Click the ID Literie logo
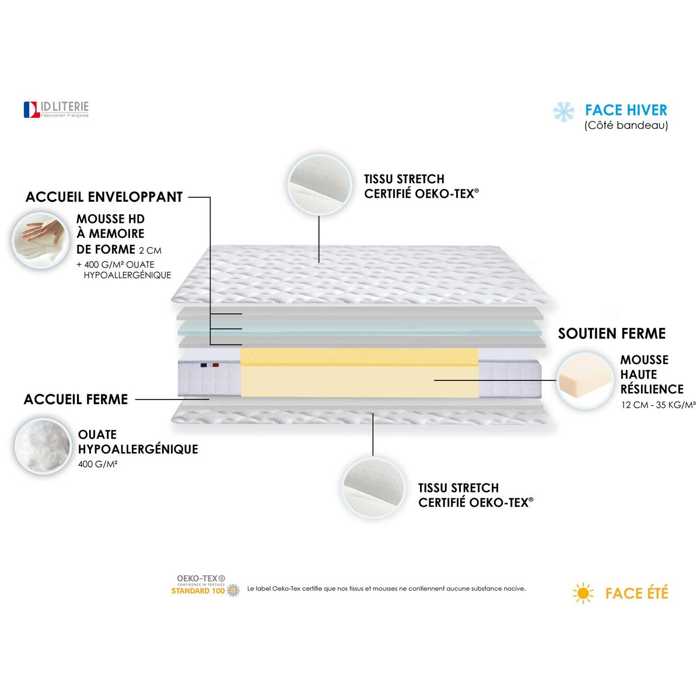tap(56, 109)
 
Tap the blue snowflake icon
tap(563, 111)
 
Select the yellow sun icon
tap(583, 594)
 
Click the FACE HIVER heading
tap(626, 110)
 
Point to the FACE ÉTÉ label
tap(636, 594)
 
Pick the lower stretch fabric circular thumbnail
tap(373, 488)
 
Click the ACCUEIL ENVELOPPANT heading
tap(104, 197)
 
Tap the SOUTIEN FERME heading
tap(611, 334)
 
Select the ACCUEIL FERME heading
tap(76, 400)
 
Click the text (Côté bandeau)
tap(626, 125)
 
